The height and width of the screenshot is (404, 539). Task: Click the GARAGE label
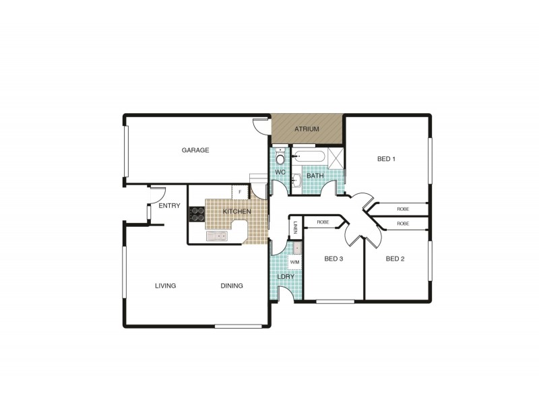click(195, 150)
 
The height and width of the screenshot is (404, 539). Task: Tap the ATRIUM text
click(307, 129)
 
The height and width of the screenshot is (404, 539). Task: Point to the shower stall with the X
click(335, 158)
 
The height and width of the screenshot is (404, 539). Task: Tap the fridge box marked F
click(241, 191)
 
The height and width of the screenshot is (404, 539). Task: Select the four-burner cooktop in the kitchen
click(198, 213)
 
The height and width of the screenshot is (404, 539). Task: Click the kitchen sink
click(216, 236)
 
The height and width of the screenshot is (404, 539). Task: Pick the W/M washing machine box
click(295, 262)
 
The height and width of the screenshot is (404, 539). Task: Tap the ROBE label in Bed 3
click(323, 222)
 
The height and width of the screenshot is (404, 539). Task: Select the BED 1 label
click(385, 160)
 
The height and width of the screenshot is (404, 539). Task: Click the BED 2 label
click(395, 259)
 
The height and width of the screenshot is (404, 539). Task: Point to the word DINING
click(232, 285)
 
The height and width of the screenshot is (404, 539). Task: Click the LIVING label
click(165, 285)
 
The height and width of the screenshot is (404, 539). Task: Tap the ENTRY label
click(169, 206)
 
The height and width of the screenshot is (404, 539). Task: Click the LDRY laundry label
click(286, 277)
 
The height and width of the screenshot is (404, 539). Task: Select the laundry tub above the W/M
click(296, 248)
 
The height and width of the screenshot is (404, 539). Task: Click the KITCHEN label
click(237, 212)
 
